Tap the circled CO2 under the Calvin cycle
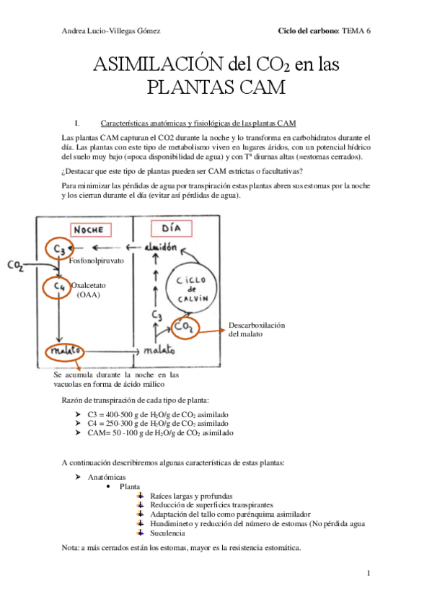185,328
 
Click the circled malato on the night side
63,351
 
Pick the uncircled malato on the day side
159,351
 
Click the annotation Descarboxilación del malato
257,329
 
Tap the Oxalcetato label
89,287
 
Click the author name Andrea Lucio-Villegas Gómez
111,31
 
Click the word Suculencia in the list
168,533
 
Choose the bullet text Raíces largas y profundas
191,496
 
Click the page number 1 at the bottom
368,573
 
